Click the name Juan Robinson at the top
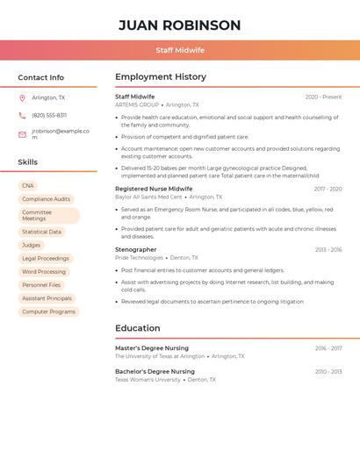pos(179,25)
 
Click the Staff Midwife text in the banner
pos(180,50)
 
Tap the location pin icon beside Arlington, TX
pos(22,97)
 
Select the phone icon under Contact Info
pos(22,115)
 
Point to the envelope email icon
pos(22,134)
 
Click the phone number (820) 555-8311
pos(49,115)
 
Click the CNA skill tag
pos(28,186)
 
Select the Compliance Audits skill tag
pos(46,199)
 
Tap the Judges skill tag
pos(32,245)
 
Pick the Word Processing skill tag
pos(44,272)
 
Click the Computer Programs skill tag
pos(48,311)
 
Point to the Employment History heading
pos(161,77)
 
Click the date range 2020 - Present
pos(323,97)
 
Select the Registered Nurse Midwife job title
pos(154,189)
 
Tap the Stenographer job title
pos(136,250)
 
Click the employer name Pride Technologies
pos(139,258)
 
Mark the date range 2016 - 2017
pos(328,348)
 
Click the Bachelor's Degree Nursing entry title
pos(155,371)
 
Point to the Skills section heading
pos(28,162)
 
